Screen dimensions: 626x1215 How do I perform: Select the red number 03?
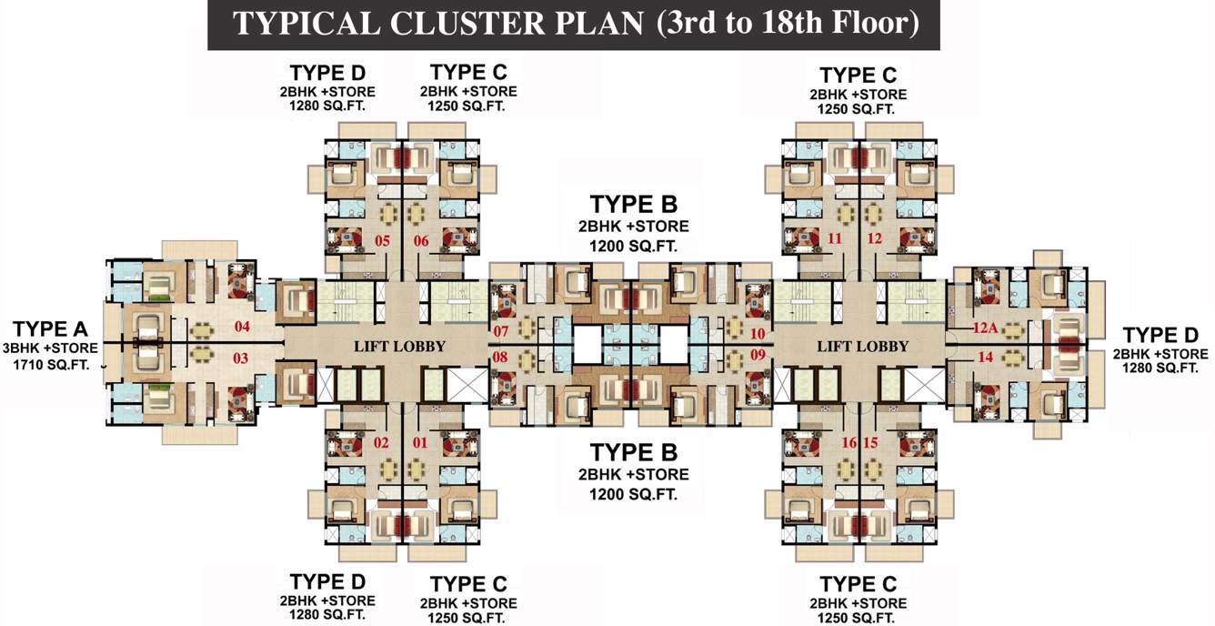pyautogui.click(x=240, y=358)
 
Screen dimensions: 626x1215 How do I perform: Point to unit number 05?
pyautogui.click(x=382, y=241)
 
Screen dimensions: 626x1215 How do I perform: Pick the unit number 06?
pyautogui.click(x=421, y=241)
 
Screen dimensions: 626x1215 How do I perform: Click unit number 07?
pyautogui.click(x=501, y=331)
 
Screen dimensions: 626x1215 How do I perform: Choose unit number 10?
pyautogui.click(x=758, y=333)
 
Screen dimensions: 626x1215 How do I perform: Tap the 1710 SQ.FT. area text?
pyautogui.click(x=52, y=365)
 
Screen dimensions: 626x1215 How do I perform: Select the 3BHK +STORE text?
pyautogui.click(x=52, y=348)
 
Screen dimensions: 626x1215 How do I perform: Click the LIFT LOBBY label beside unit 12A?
pyautogui.click(x=862, y=346)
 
